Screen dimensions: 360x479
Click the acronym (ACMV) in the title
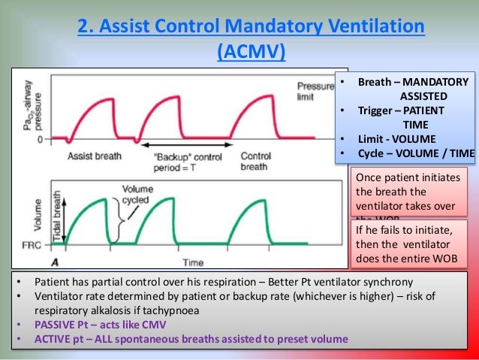[251, 52]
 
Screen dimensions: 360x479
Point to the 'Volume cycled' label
[137, 195]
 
